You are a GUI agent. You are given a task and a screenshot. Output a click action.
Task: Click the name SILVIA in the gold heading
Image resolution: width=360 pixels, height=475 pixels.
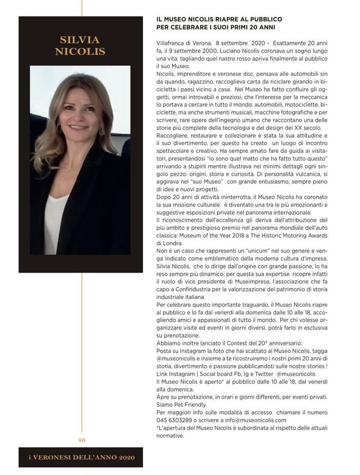point(80,40)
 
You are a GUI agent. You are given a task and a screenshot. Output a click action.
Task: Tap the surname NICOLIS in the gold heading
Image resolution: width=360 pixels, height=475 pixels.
point(80,52)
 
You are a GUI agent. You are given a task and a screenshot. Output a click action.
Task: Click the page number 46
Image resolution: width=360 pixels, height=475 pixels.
point(81,440)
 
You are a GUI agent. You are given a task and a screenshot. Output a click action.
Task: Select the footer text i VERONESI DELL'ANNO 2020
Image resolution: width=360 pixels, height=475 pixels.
point(81,457)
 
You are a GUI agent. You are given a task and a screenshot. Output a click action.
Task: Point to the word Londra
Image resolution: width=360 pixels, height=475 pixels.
point(171,243)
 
